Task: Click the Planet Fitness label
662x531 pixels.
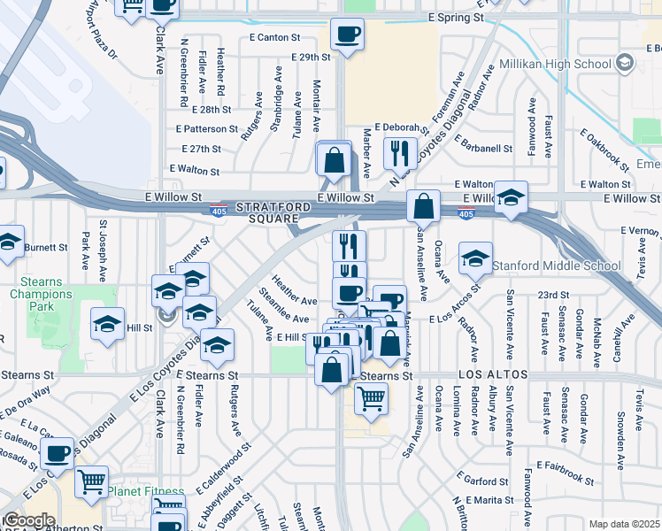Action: (x=146, y=491)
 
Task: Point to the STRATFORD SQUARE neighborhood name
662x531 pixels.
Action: (x=280, y=212)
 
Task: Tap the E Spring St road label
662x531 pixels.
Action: (x=456, y=17)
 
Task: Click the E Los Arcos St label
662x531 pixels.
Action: (x=454, y=318)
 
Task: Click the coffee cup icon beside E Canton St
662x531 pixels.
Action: (x=347, y=35)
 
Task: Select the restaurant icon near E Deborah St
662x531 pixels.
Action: (x=401, y=152)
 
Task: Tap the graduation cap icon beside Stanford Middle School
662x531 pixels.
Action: (x=475, y=258)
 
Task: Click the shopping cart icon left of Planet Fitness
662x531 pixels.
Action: (x=92, y=482)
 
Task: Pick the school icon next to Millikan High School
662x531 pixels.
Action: (x=625, y=63)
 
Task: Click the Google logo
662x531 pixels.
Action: (x=29, y=520)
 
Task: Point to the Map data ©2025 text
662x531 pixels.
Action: (x=624, y=524)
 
